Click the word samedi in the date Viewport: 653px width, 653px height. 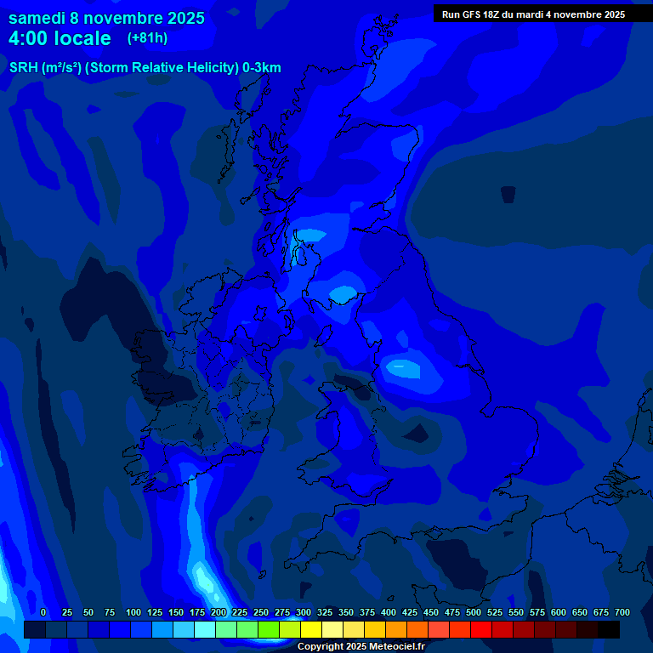pos(39,18)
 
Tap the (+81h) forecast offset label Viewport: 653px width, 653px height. pos(147,38)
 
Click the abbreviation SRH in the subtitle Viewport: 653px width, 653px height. pos(23,68)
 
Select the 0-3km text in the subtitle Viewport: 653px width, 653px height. pos(261,68)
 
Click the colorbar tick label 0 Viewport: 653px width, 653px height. pos(43,612)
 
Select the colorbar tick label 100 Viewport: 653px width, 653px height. pos(133,612)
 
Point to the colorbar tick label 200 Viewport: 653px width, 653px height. pos(219,612)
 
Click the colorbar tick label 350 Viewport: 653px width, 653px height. pos(346,612)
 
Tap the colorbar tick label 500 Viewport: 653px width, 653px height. pos(474,612)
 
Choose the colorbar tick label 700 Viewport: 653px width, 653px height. pos(622,612)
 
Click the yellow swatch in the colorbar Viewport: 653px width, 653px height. pos(311,629)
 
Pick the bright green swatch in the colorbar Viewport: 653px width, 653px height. pos(269,629)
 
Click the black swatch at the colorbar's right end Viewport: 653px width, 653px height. pos(609,629)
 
